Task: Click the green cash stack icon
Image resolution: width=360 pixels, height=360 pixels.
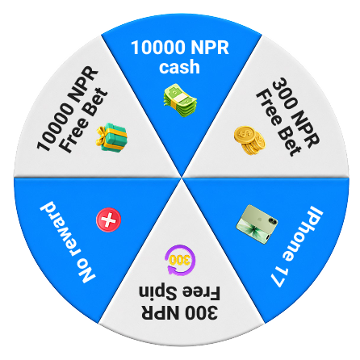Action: (180, 99)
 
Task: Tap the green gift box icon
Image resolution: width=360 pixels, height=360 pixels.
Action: (111, 137)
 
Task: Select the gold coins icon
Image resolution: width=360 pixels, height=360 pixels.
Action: (249, 140)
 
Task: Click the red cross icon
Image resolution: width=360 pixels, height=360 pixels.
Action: (108, 220)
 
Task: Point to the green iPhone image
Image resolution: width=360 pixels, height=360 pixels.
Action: (257, 224)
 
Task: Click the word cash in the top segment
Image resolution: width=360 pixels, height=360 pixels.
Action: (179, 67)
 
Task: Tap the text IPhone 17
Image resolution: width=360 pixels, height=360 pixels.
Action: (297, 246)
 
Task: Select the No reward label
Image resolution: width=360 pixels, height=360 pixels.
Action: (68, 241)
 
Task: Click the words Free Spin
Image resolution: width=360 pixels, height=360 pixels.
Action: (179, 293)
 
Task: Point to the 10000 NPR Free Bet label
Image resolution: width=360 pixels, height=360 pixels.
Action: (72, 110)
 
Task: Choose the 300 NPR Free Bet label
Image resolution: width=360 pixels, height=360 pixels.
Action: (287, 117)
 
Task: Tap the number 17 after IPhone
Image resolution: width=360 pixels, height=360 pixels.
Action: (278, 278)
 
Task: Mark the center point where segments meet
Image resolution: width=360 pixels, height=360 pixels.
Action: (182, 178)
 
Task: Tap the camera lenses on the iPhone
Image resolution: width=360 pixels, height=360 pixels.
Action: (272, 221)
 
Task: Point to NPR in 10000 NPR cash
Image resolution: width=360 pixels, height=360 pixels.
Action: (210, 48)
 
